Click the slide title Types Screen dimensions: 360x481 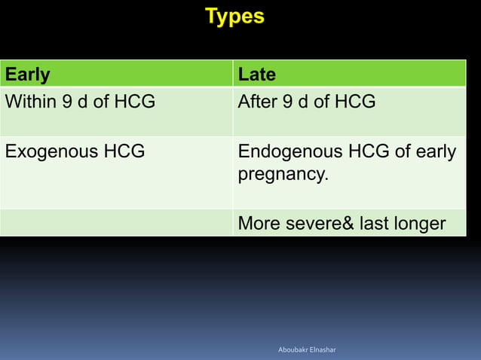(234, 17)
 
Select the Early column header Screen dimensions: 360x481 (28, 75)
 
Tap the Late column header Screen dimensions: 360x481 (257, 75)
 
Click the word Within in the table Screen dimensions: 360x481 (30, 102)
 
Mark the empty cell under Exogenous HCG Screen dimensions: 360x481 (116, 223)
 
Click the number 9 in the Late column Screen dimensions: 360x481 (290, 102)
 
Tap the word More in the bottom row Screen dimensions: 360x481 (259, 224)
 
